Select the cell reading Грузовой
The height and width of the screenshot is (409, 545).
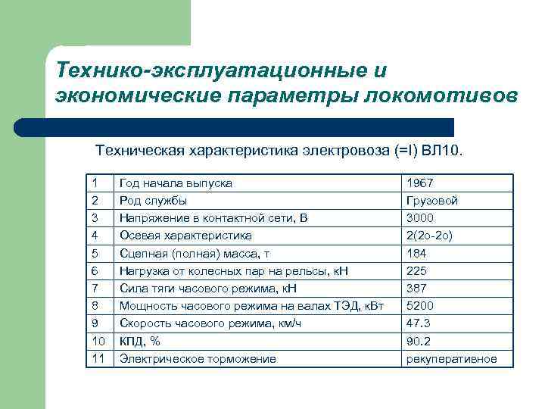pyautogui.click(x=431, y=201)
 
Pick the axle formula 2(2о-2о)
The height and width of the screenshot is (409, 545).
pyautogui.click(x=429, y=236)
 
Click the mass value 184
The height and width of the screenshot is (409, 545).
pyautogui.click(x=416, y=253)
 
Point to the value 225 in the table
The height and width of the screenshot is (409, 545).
pyautogui.click(x=416, y=270)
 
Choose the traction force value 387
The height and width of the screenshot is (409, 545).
pyautogui.click(x=416, y=288)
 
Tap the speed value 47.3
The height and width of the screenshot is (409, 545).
pyautogui.click(x=419, y=323)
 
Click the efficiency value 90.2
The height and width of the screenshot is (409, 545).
pyautogui.click(x=419, y=341)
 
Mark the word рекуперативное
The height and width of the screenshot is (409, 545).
pyautogui.click(x=451, y=358)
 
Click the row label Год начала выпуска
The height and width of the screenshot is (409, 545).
pyautogui.click(x=176, y=183)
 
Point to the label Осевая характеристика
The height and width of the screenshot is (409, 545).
pyautogui.click(x=186, y=236)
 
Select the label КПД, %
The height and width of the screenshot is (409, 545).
pyautogui.click(x=140, y=341)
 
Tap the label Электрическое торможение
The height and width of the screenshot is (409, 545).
pyautogui.click(x=198, y=358)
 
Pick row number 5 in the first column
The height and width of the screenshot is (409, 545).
pyautogui.click(x=94, y=253)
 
